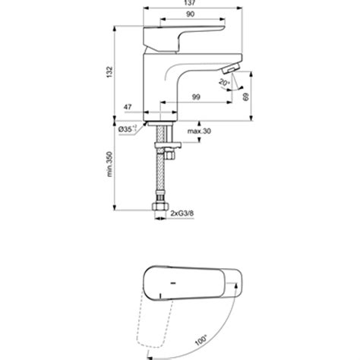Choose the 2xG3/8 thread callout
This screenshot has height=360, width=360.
pyautogui.click(x=183, y=213)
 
